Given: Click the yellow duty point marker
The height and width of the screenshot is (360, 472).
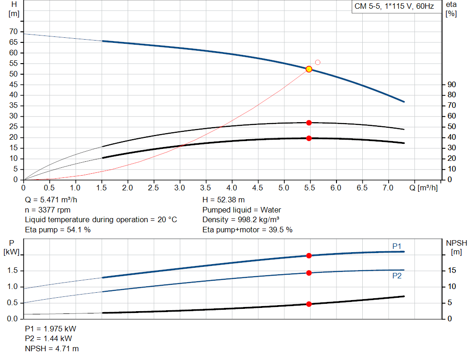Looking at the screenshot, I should (309, 69).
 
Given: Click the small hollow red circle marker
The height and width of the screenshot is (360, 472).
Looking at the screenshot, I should (318, 62).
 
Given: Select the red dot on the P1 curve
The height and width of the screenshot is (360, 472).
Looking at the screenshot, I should (309, 255).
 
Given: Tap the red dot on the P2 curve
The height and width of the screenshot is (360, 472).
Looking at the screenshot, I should (309, 273).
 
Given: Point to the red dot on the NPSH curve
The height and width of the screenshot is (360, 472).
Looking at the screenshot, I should (309, 304).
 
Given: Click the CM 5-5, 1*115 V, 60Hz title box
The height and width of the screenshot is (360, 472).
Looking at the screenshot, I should (394, 6).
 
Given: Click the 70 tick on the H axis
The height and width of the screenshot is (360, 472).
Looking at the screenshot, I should (13, 32).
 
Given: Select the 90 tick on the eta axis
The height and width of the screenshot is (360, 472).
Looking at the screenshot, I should (452, 85).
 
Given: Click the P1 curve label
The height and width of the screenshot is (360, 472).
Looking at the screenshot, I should (397, 247).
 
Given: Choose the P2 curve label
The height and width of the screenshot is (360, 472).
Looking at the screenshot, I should (397, 276).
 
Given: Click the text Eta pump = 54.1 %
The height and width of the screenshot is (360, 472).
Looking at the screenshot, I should (58, 230).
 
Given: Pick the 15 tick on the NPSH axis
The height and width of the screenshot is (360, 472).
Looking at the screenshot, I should (452, 271).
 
